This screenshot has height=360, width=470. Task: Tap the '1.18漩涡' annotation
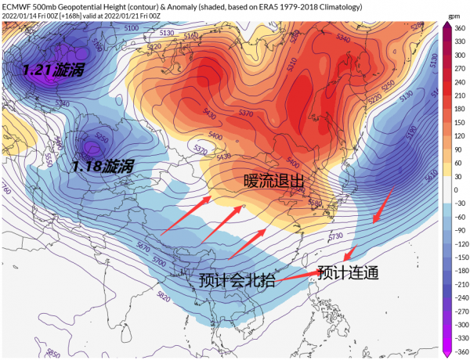click(x=102, y=166)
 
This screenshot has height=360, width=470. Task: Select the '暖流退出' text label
click(x=273, y=181)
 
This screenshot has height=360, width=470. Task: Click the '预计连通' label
click(x=349, y=273)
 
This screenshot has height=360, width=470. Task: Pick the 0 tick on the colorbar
click(x=455, y=189)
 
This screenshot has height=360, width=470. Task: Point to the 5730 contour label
click(x=335, y=236)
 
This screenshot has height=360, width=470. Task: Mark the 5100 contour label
click(x=131, y=28)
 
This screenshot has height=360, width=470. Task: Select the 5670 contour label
click(x=143, y=247)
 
